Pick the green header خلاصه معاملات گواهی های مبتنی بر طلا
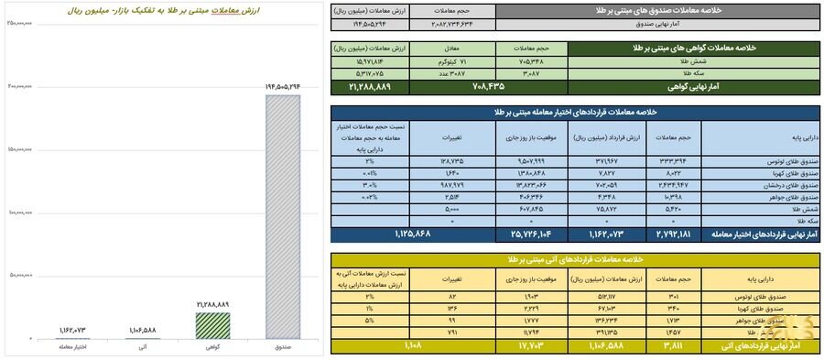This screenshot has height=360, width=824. (692, 46)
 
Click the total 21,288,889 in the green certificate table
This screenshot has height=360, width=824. (370, 86)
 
